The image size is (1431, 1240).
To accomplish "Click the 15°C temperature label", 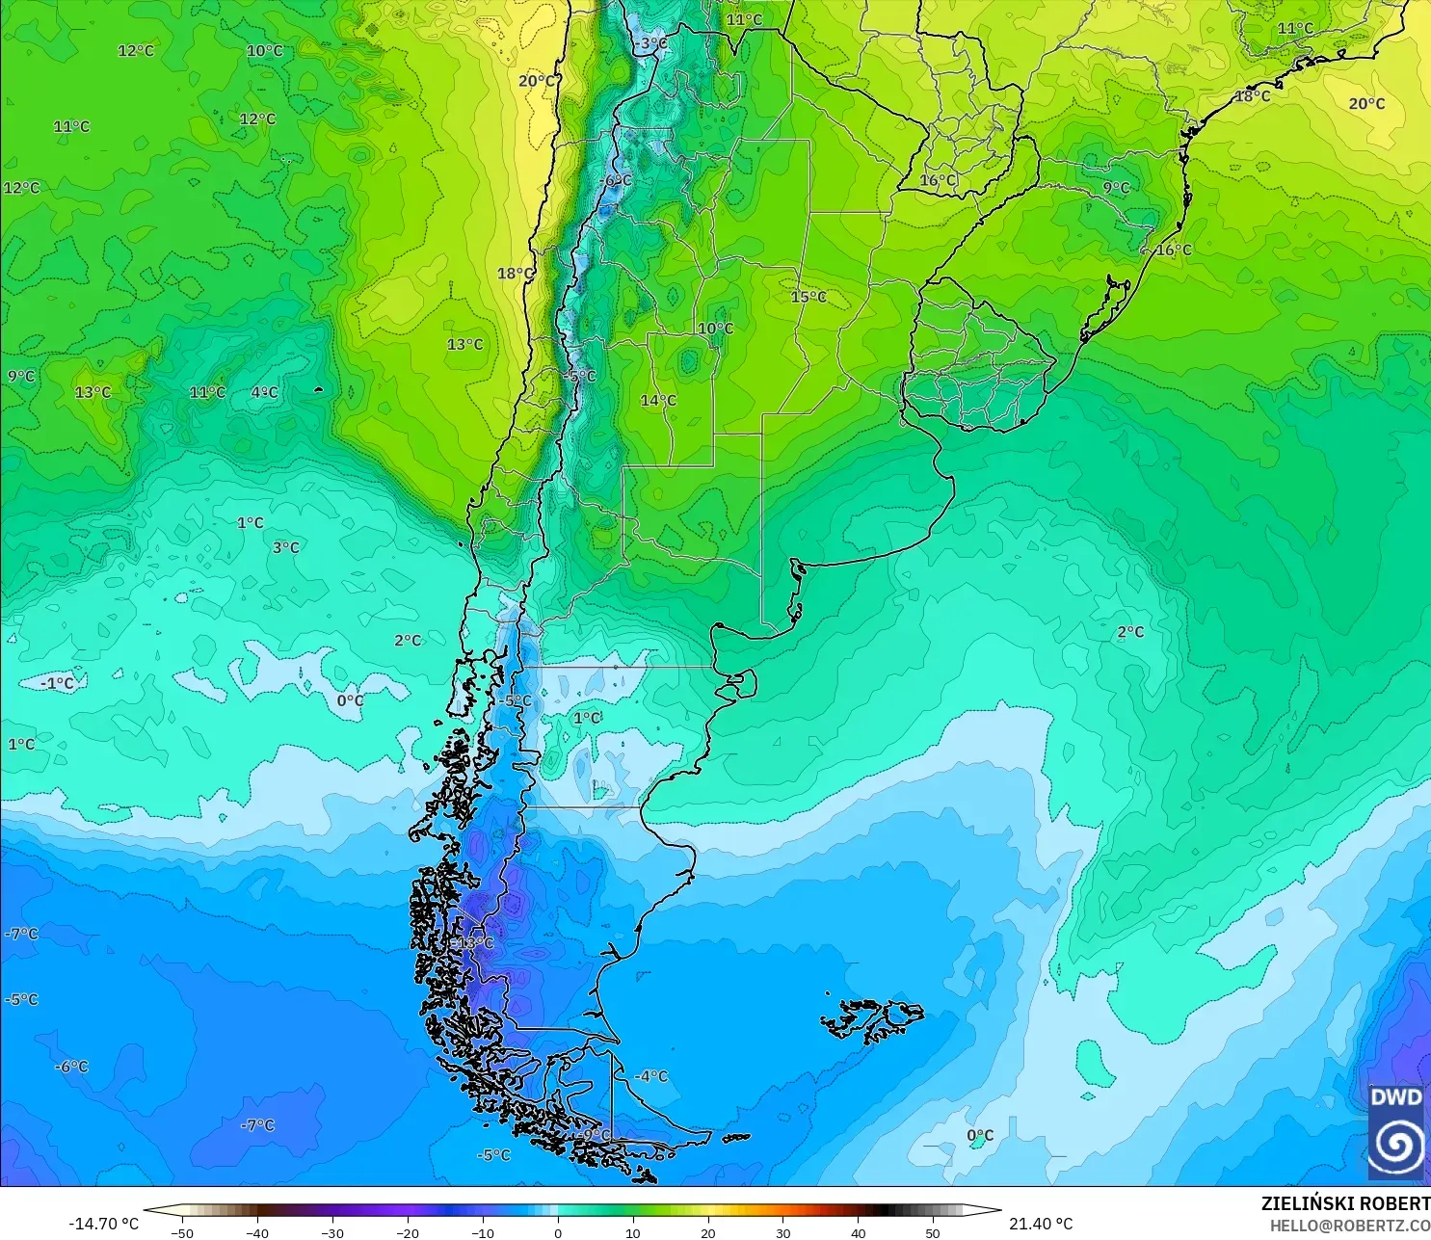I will click(808, 297).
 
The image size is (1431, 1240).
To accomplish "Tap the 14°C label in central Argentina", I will click(658, 401).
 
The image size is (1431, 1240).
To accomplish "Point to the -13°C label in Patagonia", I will click(474, 943).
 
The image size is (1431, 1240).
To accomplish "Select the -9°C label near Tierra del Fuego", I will click(594, 1135).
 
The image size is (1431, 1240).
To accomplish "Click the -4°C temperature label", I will click(651, 1076).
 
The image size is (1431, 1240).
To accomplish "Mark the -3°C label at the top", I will click(651, 43).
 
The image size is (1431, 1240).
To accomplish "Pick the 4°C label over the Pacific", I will click(264, 392).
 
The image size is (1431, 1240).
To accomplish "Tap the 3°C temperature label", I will click(285, 547).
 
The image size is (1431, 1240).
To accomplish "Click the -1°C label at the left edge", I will click(57, 683).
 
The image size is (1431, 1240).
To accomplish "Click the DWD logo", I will click(1396, 1132).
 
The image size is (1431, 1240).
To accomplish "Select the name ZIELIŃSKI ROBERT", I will click(1345, 1203).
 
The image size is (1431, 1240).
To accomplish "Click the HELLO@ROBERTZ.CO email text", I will click(1349, 1226).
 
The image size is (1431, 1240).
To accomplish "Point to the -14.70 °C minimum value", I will click(103, 1224).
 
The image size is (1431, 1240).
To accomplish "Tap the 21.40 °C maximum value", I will click(1041, 1224).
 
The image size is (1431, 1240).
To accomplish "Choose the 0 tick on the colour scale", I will click(558, 1232).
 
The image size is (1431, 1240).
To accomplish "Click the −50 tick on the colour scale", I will click(181, 1232).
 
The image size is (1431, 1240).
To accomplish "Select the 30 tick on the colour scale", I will click(782, 1232).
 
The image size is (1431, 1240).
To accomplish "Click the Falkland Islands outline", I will click(872, 1019).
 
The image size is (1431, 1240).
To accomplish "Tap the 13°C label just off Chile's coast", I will click(464, 345).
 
